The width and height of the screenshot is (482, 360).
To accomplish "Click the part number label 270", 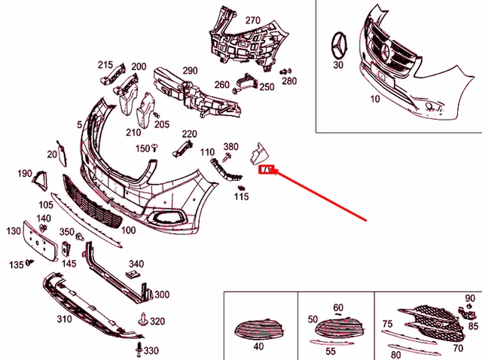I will tap(252, 20).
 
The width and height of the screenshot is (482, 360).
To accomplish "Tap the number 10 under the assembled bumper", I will tap(374, 99).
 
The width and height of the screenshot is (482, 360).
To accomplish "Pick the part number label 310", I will tap(63, 319).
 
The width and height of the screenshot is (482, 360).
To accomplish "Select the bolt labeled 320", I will tap(142, 320).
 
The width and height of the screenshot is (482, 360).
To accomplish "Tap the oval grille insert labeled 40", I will tap(258, 328).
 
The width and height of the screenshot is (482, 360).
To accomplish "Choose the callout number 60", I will tap(337, 308).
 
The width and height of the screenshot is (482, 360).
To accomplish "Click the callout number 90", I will tap(470, 299).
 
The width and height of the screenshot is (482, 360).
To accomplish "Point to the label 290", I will tap(189, 71).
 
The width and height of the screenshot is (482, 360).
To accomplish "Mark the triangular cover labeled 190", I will tap(38, 178).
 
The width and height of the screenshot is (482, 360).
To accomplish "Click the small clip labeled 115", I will tap(241, 186).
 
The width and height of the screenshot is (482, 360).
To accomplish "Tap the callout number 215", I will tap(105, 66).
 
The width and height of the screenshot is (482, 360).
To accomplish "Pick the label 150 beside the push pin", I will tap(142, 148).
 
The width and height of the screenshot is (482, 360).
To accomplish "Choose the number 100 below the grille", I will tap(128, 230).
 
